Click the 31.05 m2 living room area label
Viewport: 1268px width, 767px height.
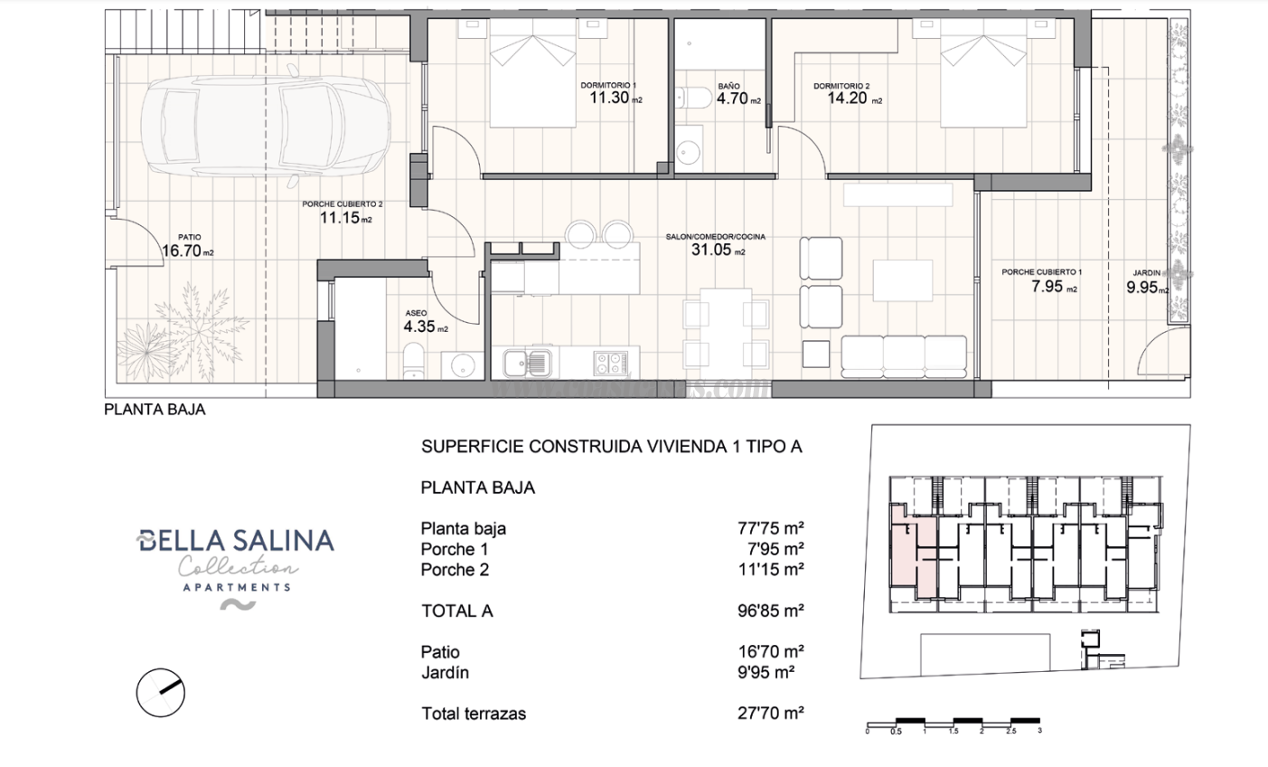coord(714,250)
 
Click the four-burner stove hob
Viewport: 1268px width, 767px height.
coord(611,363)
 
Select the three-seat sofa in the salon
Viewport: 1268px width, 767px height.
coord(904,355)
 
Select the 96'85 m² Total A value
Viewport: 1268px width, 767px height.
coord(770,611)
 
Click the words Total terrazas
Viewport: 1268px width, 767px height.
coord(474,714)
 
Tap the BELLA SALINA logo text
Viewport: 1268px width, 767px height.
coord(235,541)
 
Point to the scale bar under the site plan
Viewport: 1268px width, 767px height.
coord(953,723)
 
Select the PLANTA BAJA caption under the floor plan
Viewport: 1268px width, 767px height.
coord(155,409)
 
